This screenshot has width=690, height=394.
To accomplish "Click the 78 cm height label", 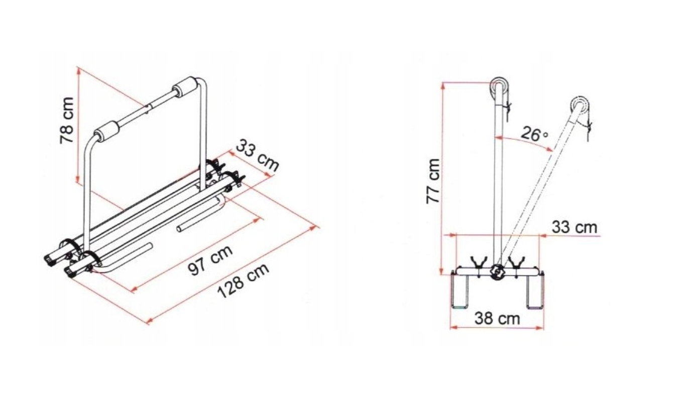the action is pos(67,120).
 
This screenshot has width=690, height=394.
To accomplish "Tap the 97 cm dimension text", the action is pos(210,261).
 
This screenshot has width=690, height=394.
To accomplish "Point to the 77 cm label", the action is pos(433,181).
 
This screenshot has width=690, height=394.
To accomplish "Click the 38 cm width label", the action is pos(497,318).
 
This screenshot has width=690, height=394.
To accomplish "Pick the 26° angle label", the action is pos(534,134).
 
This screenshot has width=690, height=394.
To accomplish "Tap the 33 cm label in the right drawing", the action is pos(574,228).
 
